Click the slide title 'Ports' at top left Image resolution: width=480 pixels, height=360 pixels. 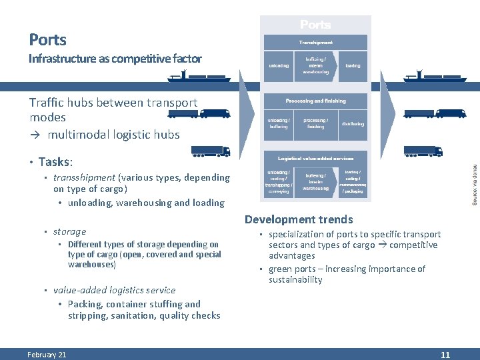[x=48, y=39]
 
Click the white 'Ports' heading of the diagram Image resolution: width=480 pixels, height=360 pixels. [x=315, y=25]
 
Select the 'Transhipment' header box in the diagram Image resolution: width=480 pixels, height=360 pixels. [x=315, y=42]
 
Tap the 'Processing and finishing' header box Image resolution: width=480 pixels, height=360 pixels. [x=315, y=101]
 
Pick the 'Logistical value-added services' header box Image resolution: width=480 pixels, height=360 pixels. [x=315, y=158]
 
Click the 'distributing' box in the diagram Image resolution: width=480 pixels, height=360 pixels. [x=353, y=124]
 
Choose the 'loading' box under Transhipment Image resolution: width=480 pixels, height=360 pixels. [x=353, y=66]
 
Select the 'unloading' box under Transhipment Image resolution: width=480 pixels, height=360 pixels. [x=278, y=66]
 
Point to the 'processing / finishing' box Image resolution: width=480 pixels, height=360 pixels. [x=315, y=124]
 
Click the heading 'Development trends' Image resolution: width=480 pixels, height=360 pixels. [x=299, y=219]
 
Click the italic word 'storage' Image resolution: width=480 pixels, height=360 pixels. [x=70, y=231]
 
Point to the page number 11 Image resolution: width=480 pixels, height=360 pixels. [x=445, y=355]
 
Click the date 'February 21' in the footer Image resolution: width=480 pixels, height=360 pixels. [x=47, y=355]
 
